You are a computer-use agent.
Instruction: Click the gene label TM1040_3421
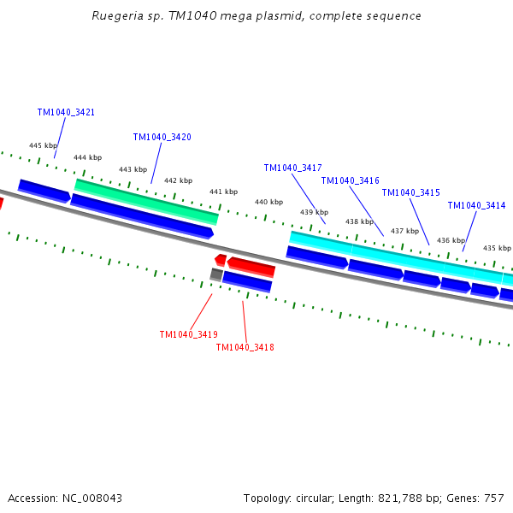pyautogui.click(x=66, y=112)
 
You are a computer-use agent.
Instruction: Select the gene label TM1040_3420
pyautogui.click(x=162, y=137)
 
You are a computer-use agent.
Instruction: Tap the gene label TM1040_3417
pyautogui.click(x=292, y=168)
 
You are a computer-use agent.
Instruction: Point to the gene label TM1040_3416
pyautogui.click(x=350, y=180)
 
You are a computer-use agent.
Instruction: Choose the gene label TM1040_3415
pyautogui.click(x=411, y=192)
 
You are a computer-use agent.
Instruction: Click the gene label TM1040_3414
pyautogui.click(x=477, y=205)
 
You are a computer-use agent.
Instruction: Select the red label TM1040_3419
pyautogui.click(x=189, y=334)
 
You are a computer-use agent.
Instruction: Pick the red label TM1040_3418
pyautogui.click(x=245, y=347)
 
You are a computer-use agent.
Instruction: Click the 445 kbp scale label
pyautogui.click(x=44, y=145)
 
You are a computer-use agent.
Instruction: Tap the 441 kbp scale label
pyautogui.click(x=223, y=192)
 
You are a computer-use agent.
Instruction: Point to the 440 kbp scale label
pyautogui.click(x=269, y=202)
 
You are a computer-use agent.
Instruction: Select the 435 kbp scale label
pyautogui.click(x=497, y=248)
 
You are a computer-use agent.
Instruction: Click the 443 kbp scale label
pyautogui.click(x=133, y=169)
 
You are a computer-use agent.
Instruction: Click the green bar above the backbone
pyautogui.click(x=146, y=202)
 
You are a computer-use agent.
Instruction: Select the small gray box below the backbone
pyautogui.click(x=216, y=274)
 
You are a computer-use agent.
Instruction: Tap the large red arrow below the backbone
pyautogui.click(x=251, y=267)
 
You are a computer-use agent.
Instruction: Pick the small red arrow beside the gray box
pyautogui.click(x=221, y=260)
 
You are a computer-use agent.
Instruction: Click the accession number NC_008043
pyautogui.click(x=92, y=498)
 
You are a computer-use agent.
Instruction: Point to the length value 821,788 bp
pyautogui.click(x=409, y=498)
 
